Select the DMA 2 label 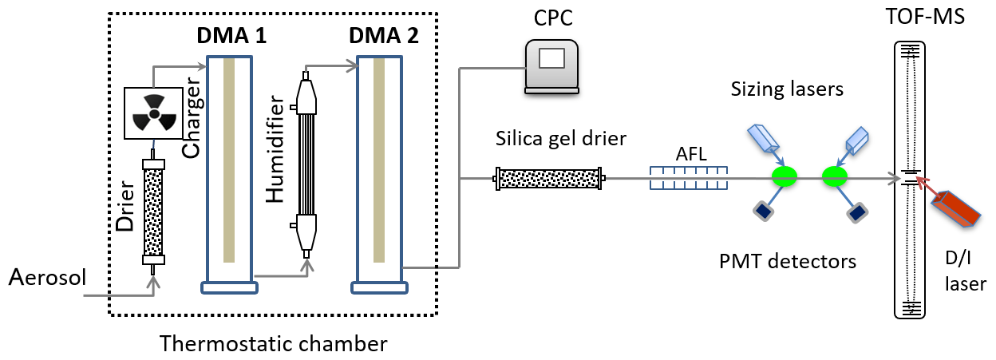tap(383, 36)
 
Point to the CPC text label tap(554, 18)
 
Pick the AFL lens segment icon tap(688, 178)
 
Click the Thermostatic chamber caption tap(274, 344)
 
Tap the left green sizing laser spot tap(785, 176)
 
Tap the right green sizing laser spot tap(836, 176)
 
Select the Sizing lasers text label tap(787, 89)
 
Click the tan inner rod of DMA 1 tap(230, 160)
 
